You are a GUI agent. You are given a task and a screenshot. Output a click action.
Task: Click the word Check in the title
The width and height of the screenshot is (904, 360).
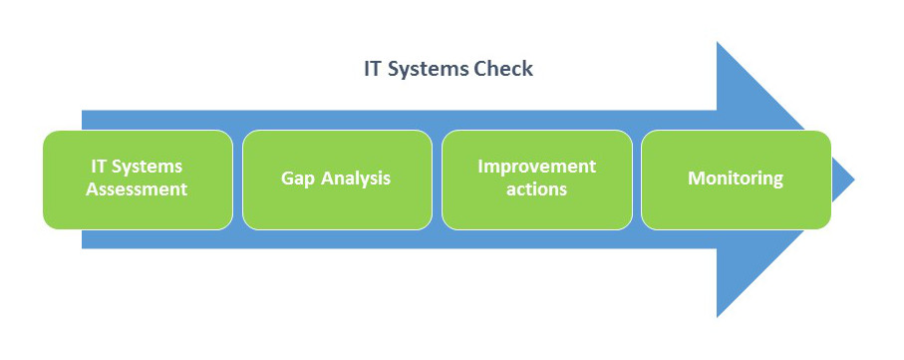click(x=503, y=69)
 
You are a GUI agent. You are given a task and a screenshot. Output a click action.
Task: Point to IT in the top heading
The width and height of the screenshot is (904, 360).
click(x=373, y=69)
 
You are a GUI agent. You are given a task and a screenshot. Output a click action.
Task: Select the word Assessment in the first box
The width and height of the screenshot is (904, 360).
click(x=137, y=189)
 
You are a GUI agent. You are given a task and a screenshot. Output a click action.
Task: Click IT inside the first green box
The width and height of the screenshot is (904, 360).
click(x=99, y=167)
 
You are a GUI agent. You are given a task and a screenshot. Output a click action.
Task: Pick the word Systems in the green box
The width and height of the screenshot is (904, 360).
click(x=147, y=167)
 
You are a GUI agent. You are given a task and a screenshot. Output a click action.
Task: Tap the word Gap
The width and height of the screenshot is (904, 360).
click(x=297, y=179)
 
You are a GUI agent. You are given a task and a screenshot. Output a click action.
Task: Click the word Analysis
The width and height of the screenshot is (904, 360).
click(x=356, y=179)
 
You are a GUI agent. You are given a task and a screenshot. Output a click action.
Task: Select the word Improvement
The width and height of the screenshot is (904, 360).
click(x=537, y=167)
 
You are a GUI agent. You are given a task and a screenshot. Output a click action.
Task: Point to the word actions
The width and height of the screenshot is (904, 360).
click(x=537, y=189)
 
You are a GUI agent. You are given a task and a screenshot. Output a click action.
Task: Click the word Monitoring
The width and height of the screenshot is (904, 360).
click(x=736, y=179)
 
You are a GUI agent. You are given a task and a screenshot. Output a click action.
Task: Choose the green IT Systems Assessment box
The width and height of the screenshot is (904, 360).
click(x=138, y=180)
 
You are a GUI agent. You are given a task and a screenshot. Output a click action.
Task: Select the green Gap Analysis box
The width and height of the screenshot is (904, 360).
click(x=337, y=180)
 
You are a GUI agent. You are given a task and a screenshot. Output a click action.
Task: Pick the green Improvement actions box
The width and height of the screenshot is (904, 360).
click(x=537, y=180)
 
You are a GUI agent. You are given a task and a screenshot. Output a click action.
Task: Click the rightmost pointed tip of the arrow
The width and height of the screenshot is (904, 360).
click(x=854, y=180)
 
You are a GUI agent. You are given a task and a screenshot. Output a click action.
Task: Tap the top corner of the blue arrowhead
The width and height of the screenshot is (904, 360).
click(x=718, y=43)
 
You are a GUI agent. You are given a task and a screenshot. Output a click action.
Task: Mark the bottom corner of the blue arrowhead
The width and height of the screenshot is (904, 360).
click(x=718, y=317)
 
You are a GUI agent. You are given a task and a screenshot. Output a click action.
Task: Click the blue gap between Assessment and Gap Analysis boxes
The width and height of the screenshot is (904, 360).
click(x=237, y=180)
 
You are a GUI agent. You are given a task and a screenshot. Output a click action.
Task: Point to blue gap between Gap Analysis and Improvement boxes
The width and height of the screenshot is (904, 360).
click(x=437, y=180)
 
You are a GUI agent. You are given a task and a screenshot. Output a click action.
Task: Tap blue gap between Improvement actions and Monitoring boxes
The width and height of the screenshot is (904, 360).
click(x=637, y=180)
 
